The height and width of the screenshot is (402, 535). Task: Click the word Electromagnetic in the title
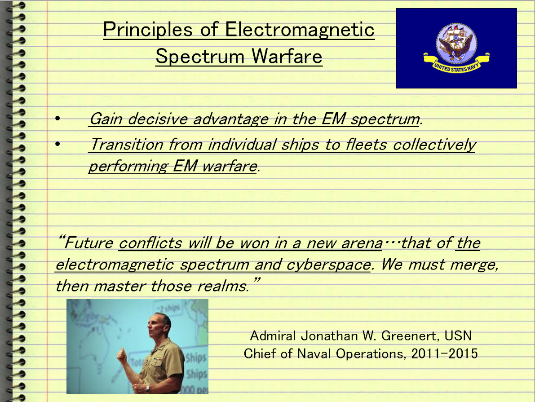pyautogui.click(x=300, y=29)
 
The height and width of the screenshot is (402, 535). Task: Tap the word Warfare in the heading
pyautogui.click(x=287, y=56)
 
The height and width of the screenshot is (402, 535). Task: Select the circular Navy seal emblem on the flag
pyautogui.click(x=456, y=43)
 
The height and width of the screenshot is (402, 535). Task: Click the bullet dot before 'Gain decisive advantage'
pyautogui.click(x=57, y=119)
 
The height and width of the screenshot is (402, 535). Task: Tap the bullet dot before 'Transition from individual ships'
pyautogui.click(x=57, y=144)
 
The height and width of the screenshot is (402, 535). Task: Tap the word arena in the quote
pyautogui.click(x=362, y=243)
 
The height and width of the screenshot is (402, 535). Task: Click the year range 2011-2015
pyautogui.click(x=444, y=354)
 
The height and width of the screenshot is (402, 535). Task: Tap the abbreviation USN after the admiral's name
pyautogui.click(x=458, y=336)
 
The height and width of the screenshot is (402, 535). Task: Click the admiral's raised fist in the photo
pyautogui.click(x=122, y=356)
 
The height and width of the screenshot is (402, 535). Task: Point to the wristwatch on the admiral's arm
pyautogui.click(x=148, y=389)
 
